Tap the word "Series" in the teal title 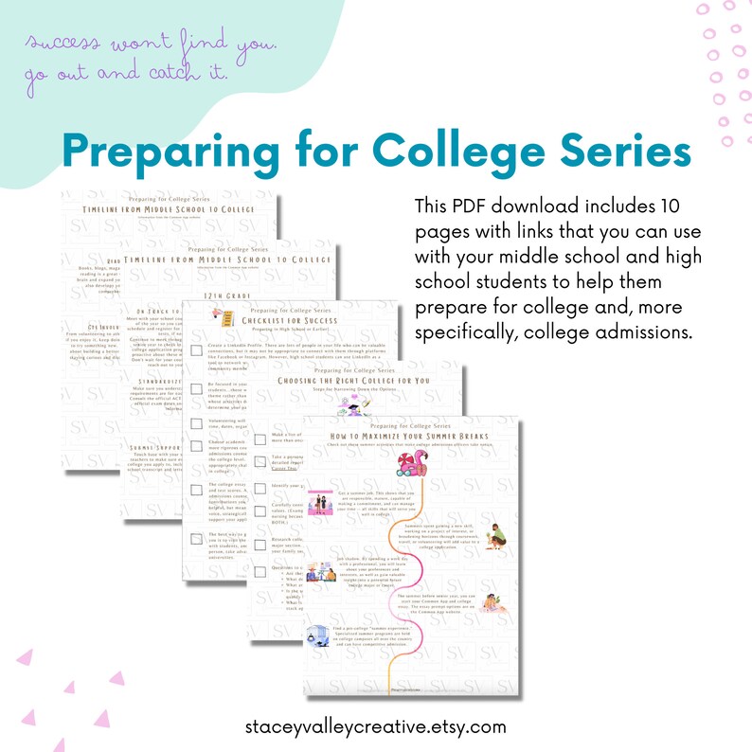(x=623, y=152)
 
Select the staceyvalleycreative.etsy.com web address (x=375, y=727)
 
